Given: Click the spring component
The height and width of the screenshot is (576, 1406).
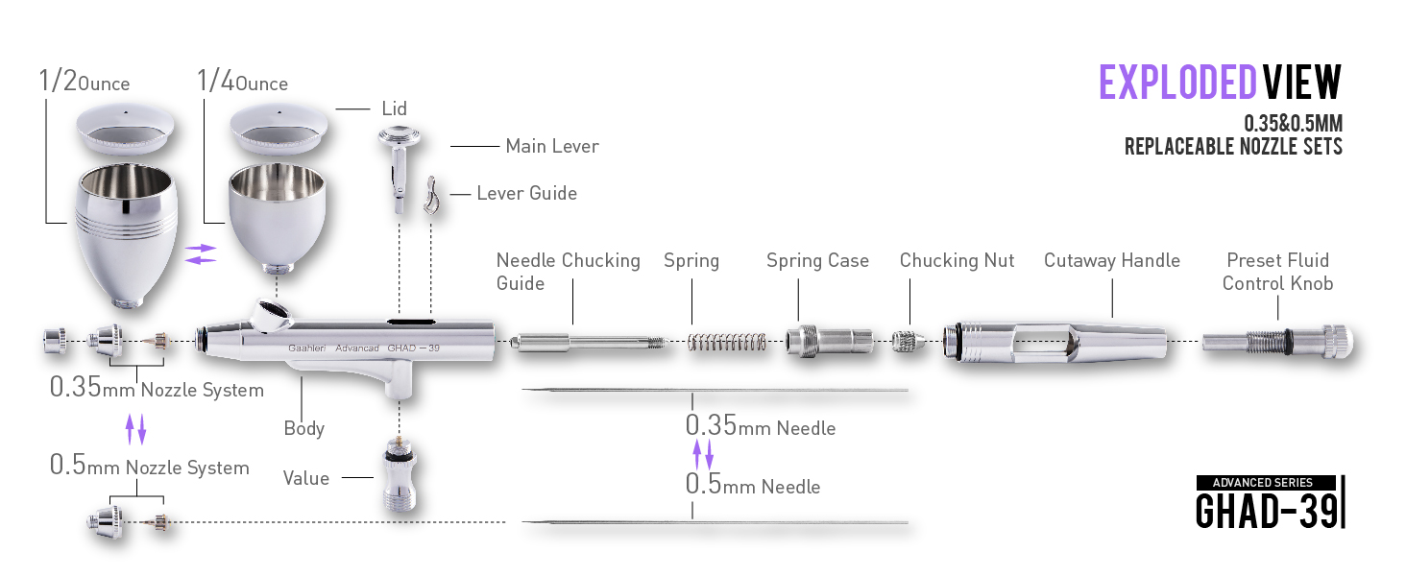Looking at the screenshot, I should tap(726, 342).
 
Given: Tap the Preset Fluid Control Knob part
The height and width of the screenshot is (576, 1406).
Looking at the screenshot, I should tap(1277, 341).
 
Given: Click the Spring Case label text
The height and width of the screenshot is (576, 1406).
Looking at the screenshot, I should tap(817, 261).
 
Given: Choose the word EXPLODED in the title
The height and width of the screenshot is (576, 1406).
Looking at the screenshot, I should tap(1177, 84).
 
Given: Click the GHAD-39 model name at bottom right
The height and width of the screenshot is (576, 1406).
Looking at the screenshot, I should tap(1266, 510).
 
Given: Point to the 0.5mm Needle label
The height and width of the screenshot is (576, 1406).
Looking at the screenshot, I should tap(753, 485).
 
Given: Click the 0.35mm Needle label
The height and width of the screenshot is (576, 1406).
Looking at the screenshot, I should tap(761, 426).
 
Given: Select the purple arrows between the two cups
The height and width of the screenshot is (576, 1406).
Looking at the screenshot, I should tap(201, 253).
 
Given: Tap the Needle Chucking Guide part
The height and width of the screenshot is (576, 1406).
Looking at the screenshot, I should tap(586, 342).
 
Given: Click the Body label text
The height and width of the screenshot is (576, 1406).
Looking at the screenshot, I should tap(303, 428).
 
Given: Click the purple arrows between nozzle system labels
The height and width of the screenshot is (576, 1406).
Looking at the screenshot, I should tap(136, 428).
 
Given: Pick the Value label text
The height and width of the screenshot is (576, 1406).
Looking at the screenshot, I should tap(305, 478).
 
